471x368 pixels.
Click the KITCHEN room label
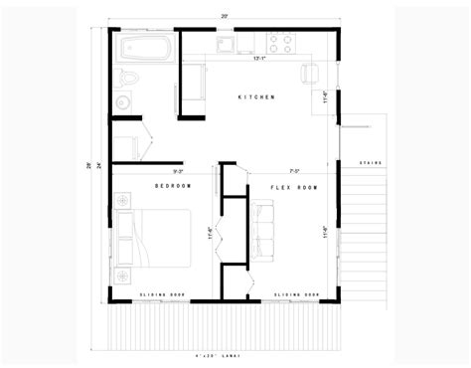pyautogui.click(x=255, y=96)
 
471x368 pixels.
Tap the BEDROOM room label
pyautogui.click(x=173, y=186)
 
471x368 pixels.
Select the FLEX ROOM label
pyautogui.click(x=295, y=186)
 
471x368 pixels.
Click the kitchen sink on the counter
pyautogui.click(x=228, y=46)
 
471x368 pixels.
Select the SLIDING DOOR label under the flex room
pyautogui.click(x=298, y=295)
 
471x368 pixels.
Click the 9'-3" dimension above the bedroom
pyautogui.click(x=180, y=171)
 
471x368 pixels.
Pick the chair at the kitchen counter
pyautogui.click(x=309, y=72)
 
